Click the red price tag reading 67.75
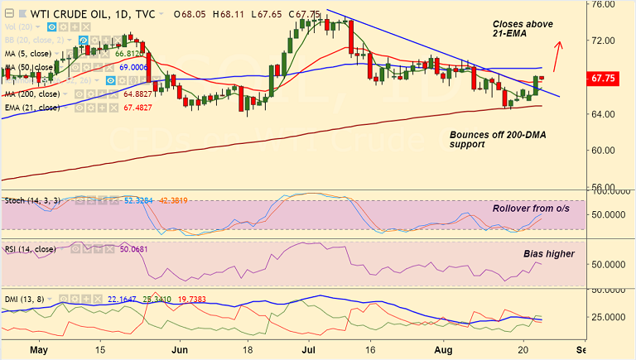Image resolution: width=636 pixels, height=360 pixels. [609, 78]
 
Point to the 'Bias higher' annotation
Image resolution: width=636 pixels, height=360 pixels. [548, 253]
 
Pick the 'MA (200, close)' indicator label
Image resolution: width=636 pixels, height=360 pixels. [32, 94]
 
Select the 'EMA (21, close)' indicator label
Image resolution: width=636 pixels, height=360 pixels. [32, 108]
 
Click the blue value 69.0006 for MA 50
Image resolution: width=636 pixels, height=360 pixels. [133, 67]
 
